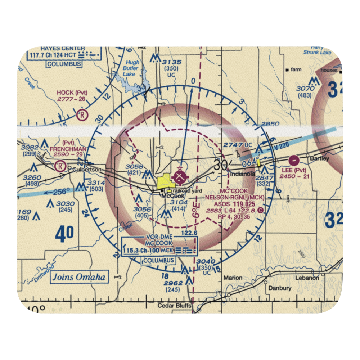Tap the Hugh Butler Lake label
click(x=130, y=68)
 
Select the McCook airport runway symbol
click(x=180, y=177)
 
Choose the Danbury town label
click(x=279, y=288)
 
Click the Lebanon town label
click(x=307, y=278)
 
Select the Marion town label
click(x=233, y=278)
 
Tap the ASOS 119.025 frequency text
click(x=238, y=204)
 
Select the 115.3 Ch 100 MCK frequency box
click(x=148, y=250)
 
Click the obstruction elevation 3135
click(x=172, y=62)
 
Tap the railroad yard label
click(x=187, y=191)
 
